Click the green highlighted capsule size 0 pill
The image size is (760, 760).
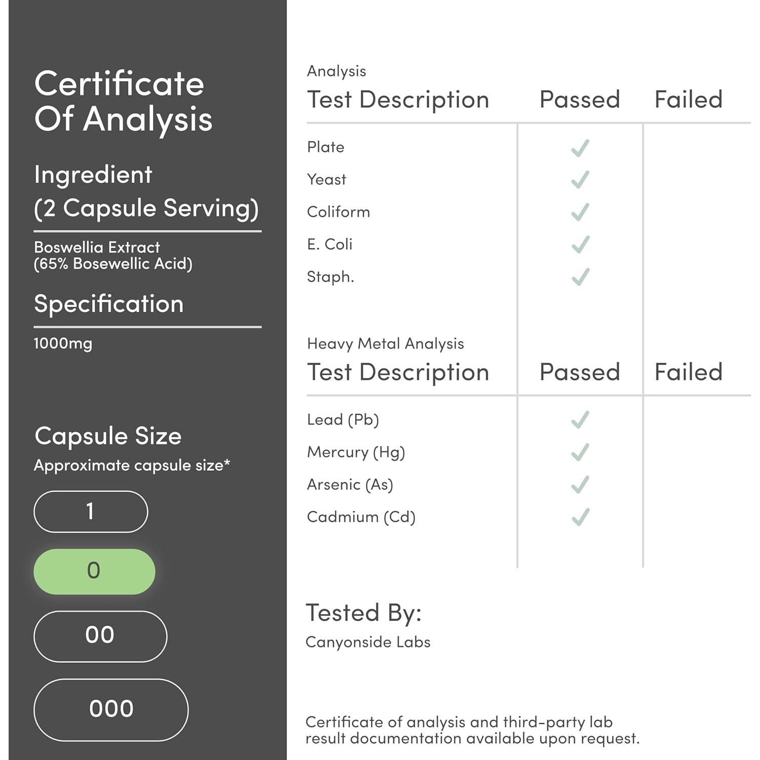coord(94,571)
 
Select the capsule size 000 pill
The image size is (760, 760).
coord(111,709)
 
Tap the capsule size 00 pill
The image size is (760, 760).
coord(100,636)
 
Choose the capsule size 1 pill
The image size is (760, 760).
coord(91,511)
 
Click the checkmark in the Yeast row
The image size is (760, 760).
coord(580,180)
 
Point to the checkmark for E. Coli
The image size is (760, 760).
coord(580,245)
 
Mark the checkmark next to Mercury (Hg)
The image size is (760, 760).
coord(580,452)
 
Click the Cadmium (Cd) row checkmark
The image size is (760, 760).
coord(580,517)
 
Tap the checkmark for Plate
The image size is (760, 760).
coord(580,147)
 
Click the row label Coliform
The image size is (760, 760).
coord(338,212)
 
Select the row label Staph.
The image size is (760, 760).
coord(330,277)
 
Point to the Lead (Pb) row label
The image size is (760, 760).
coord(343,420)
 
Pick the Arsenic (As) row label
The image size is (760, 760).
coord(350,485)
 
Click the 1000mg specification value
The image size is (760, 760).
coord(63,344)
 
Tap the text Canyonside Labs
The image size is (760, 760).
coord(368,642)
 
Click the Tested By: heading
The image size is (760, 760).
coord(364,613)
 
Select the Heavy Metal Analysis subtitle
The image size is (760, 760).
coord(386,344)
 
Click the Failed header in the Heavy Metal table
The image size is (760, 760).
coord(689,372)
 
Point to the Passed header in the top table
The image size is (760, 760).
coord(580,99)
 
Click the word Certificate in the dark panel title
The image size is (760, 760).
coord(119,84)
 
